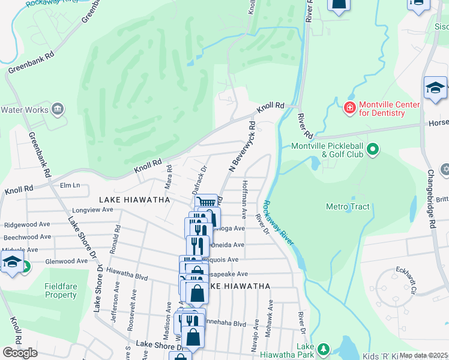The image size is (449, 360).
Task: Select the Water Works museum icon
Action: point(58,109)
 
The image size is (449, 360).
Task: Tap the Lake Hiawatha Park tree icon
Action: point(324,349)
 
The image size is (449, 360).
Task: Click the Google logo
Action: point(20,353)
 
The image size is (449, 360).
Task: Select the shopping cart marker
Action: point(205,203)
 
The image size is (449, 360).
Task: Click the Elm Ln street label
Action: point(70,185)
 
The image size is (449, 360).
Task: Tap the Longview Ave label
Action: point(92,210)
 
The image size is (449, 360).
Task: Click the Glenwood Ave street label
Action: point(66,262)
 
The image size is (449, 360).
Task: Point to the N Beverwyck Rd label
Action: point(243,148)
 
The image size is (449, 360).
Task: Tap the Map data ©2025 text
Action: point(424,355)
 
